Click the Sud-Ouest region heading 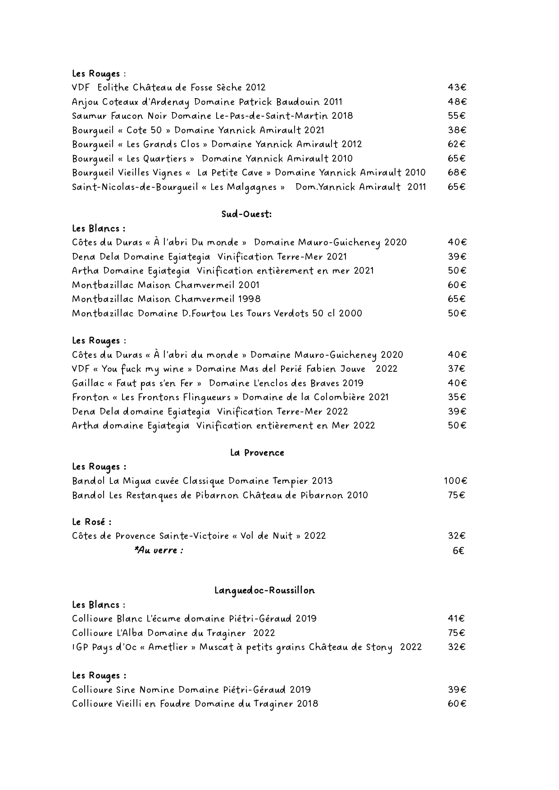click(x=246, y=214)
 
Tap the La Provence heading click(x=257, y=453)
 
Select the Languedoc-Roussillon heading click(x=264, y=591)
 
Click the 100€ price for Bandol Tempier click(x=455, y=481)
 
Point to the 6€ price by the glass click(x=458, y=551)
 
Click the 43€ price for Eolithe click(x=457, y=87)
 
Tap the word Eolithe click(x=113, y=87)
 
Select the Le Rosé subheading click(x=91, y=522)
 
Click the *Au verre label click(x=159, y=550)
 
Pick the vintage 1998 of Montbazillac click(x=249, y=299)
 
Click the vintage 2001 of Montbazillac click(x=249, y=285)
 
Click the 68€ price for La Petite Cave click(x=457, y=172)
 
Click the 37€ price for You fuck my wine click(x=456, y=369)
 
